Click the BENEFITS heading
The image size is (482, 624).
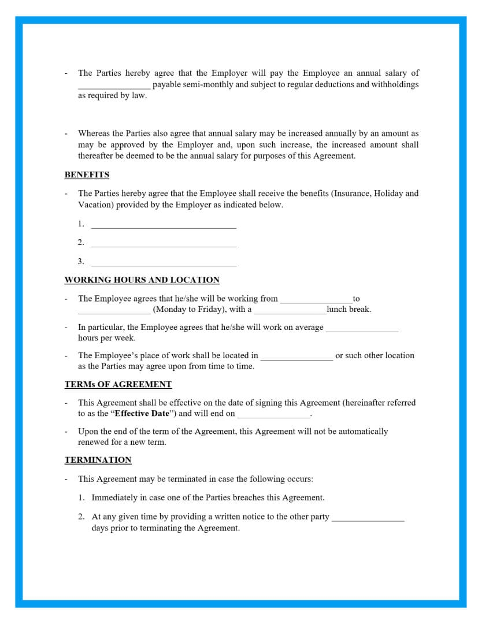tap(87, 174)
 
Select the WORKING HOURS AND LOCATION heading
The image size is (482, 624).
tap(142, 280)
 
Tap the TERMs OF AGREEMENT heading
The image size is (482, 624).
tap(118, 384)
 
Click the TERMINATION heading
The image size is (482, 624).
tap(98, 460)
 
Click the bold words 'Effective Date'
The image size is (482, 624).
tap(142, 414)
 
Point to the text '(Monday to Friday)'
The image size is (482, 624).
tap(190, 310)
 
